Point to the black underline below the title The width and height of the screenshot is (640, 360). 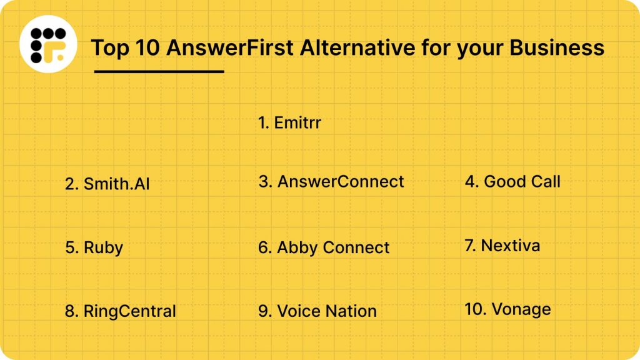[x=159, y=71]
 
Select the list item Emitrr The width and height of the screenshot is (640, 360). [x=289, y=122]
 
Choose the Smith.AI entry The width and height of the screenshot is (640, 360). [x=107, y=184]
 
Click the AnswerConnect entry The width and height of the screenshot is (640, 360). [x=331, y=182]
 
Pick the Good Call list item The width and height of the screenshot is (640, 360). [x=512, y=182]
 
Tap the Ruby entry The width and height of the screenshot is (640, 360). [x=94, y=247]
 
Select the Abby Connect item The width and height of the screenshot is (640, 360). [x=324, y=247]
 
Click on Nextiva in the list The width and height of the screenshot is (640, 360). [x=502, y=246]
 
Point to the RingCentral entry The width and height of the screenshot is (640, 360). [x=121, y=311]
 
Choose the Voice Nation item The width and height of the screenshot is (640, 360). [x=317, y=311]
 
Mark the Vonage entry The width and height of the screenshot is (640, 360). [x=507, y=309]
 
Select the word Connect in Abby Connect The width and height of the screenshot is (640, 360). [x=356, y=247]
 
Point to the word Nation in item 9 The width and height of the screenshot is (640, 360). [x=351, y=311]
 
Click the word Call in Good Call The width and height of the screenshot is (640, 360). [x=542, y=182]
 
